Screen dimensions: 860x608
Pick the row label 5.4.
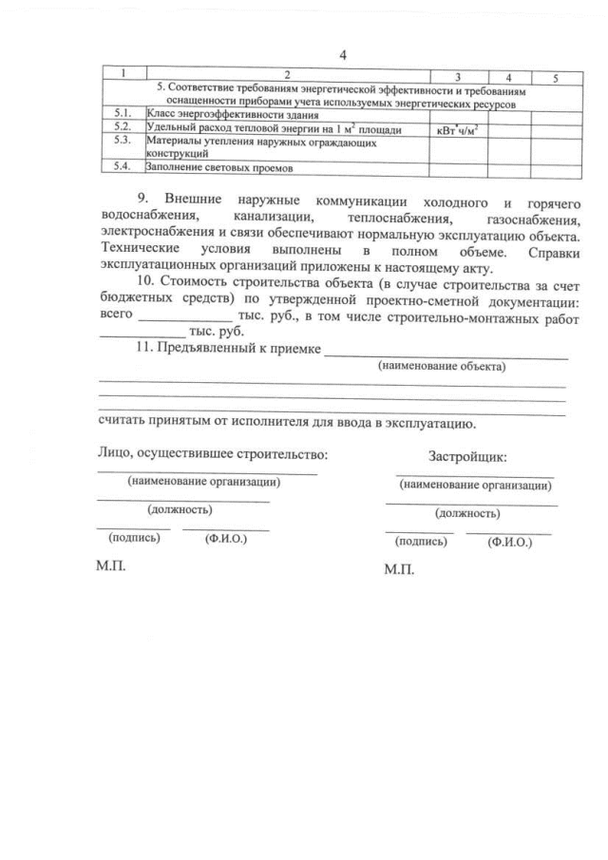pos(121,167)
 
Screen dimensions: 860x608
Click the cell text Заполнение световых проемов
pos(218,168)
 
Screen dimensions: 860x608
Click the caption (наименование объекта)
pos(441,365)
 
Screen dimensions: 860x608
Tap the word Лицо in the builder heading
pos(115,453)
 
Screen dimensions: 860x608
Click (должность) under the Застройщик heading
pos(467,513)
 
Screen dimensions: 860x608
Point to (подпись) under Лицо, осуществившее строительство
pos(134,537)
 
